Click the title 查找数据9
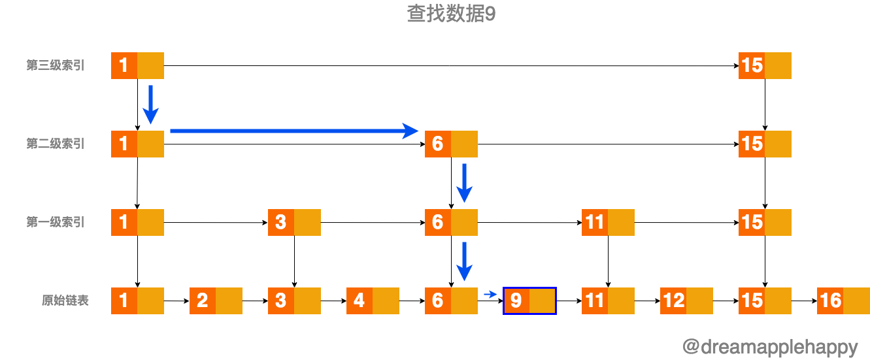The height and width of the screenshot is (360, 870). coord(451,14)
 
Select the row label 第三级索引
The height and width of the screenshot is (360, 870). coord(56,65)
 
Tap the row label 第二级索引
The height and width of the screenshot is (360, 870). coord(56,144)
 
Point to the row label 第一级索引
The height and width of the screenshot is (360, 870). coord(56,222)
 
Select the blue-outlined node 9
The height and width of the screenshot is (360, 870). coord(529,301)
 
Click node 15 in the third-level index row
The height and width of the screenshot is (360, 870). coord(765,65)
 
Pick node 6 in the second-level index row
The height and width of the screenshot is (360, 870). coord(451,144)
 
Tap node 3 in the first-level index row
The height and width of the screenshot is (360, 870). coord(294,222)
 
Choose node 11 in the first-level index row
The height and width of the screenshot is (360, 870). coord(608,222)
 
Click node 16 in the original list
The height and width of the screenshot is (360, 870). coord(843,301)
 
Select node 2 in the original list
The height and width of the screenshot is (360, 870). coord(216,301)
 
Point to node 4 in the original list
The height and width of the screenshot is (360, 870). coord(373,301)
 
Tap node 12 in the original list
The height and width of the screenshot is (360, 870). coord(686,301)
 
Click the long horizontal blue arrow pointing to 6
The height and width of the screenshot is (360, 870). coord(294,131)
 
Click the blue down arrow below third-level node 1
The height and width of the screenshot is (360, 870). coord(151,104)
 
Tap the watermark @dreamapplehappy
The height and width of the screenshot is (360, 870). coord(769,346)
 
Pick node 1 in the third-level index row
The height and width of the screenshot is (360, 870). coord(137,65)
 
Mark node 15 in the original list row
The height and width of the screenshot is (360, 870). coord(765,301)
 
